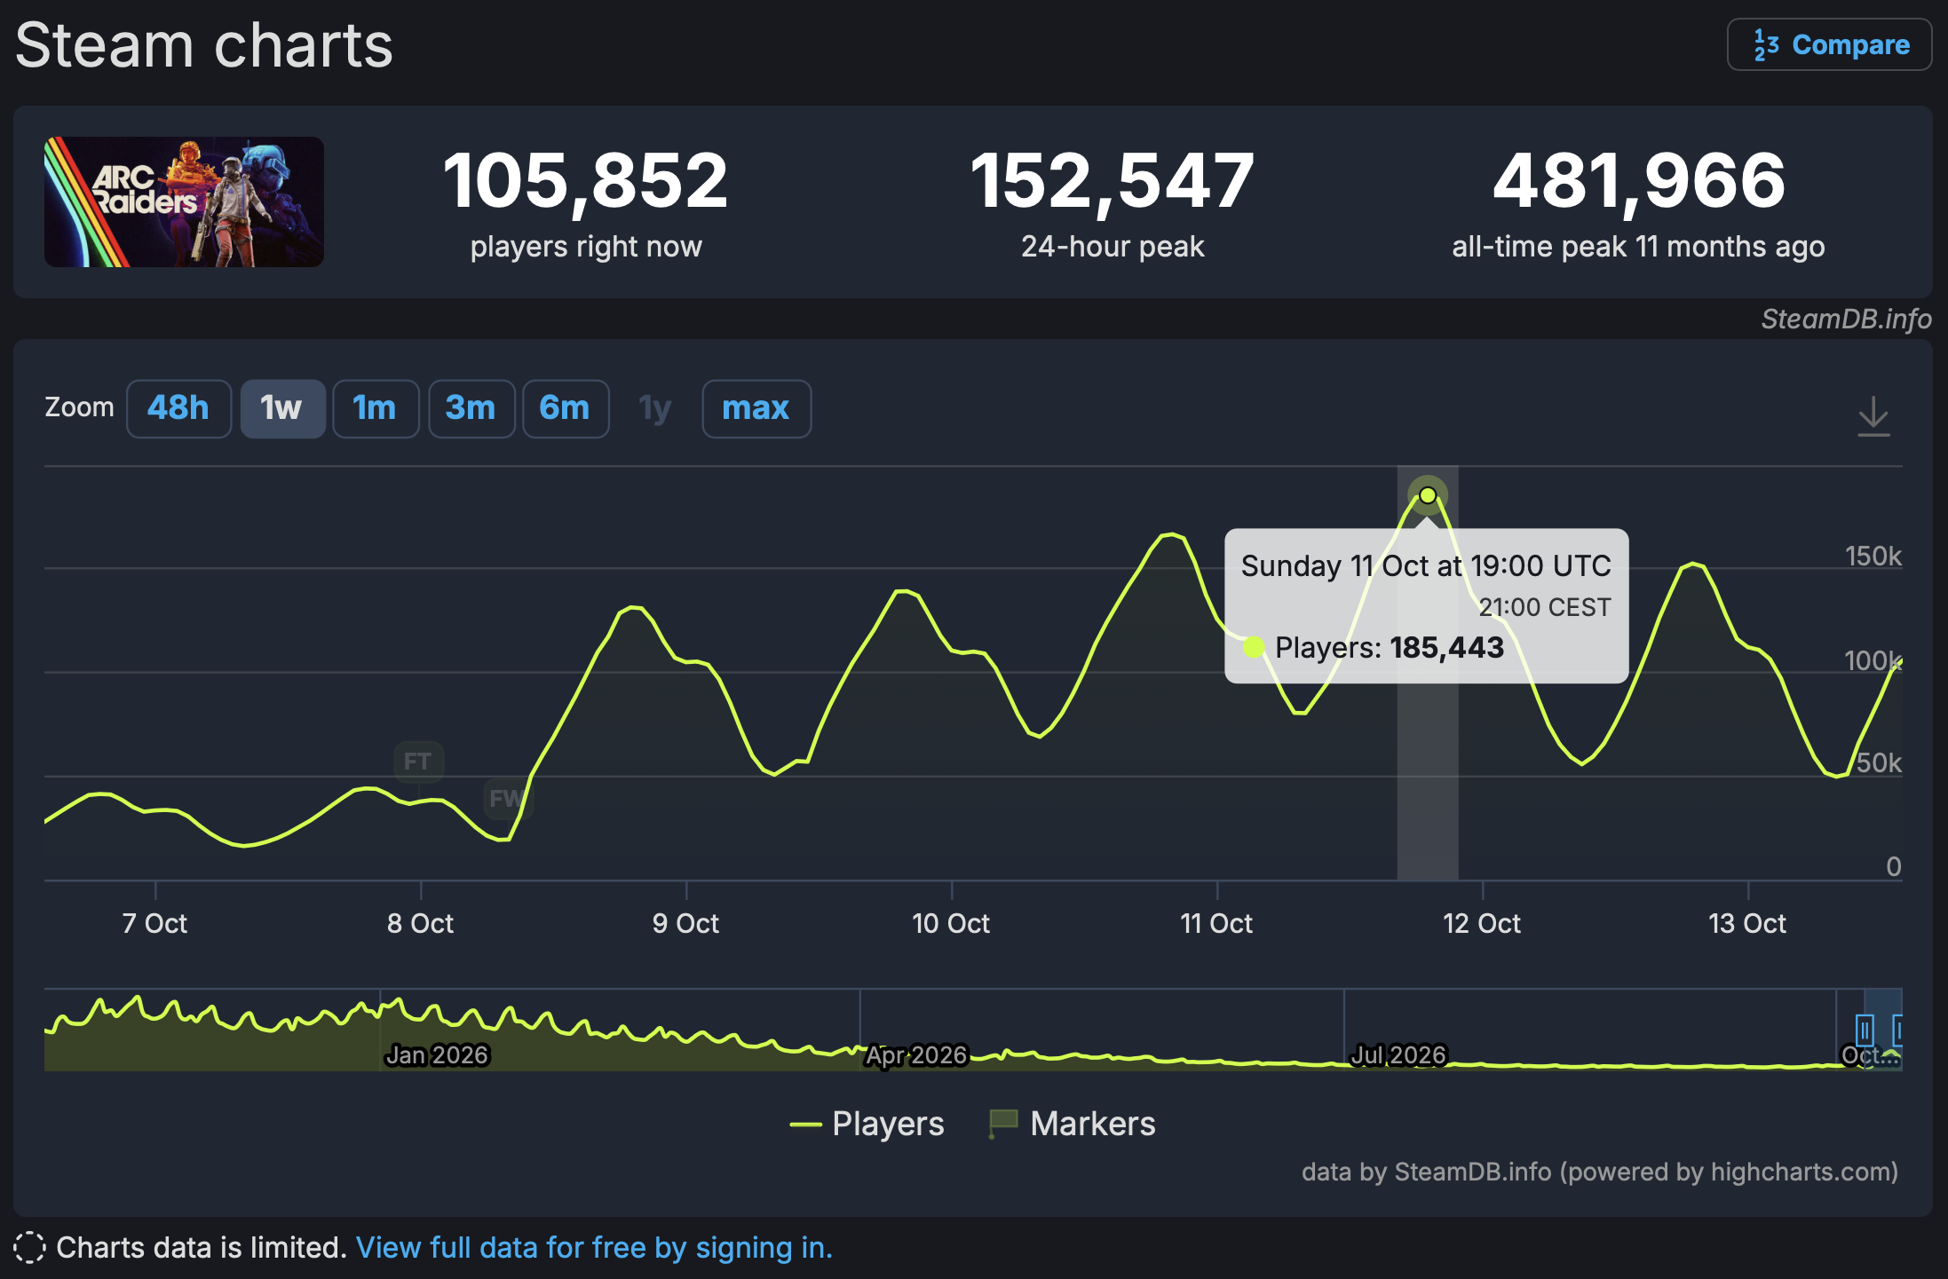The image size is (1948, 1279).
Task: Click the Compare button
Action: [x=1829, y=44]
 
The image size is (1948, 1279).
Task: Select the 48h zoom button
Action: [x=178, y=408]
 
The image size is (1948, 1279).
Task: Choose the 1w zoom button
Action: [x=282, y=408]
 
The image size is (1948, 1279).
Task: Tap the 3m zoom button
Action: [x=471, y=408]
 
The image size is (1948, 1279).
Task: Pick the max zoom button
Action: [x=756, y=408]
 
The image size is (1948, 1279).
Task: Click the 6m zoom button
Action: [x=565, y=408]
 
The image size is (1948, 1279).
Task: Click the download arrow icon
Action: [x=1873, y=416]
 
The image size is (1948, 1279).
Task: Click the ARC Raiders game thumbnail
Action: [x=184, y=201]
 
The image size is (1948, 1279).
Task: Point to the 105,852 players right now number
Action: [x=585, y=181]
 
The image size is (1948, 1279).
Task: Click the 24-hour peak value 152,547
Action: [x=1112, y=181]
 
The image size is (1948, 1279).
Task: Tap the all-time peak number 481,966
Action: [x=1638, y=181]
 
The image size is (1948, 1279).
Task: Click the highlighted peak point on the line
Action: [x=1428, y=495]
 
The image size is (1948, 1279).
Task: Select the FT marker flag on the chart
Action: [x=418, y=762]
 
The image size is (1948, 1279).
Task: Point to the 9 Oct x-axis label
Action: [x=685, y=923]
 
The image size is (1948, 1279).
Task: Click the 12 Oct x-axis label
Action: [x=1481, y=923]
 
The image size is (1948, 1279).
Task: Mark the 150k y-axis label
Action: [x=1873, y=557]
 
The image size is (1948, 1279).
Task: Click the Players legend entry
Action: [x=867, y=1124]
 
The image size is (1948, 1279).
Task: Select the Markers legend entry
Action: [x=1073, y=1124]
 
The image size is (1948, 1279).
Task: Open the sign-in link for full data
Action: [x=594, y=1247]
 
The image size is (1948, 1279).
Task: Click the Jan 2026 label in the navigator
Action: [x=437, y=1054]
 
